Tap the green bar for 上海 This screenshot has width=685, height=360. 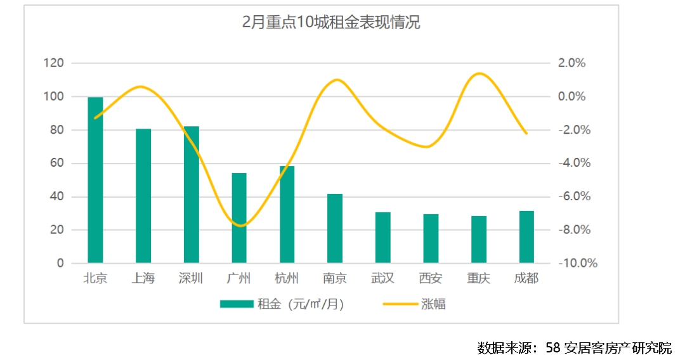[143, 196]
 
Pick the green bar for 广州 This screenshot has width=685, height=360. [239, 218]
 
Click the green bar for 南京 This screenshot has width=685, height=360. [335, 228]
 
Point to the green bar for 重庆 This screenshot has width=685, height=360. [479, 240]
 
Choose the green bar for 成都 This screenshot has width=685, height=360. [526, 237]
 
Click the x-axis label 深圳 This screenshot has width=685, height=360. [191, 279]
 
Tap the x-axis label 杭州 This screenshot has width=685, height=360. [287, 279]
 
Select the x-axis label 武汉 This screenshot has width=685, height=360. [383, 279]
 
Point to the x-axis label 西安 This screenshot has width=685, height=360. [431, 279]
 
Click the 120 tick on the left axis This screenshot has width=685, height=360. [54, 63]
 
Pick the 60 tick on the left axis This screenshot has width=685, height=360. [57, 164]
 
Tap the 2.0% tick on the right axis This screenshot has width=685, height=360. [571, 63]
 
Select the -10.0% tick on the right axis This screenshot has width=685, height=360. [577, 263]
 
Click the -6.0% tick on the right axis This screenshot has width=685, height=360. [575, 196]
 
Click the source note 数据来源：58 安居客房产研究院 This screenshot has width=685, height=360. [574, 347]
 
